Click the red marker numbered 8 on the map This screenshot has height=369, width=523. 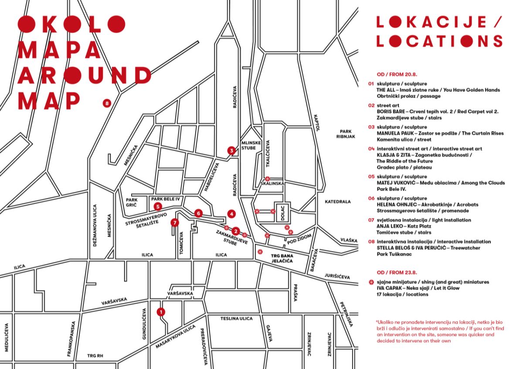tap(107, 103)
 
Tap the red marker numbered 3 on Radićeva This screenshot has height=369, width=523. tap(231, 151)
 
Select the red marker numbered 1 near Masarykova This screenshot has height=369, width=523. tap(161, 312)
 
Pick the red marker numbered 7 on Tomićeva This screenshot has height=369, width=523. tap(175, 223)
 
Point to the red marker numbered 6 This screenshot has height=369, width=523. tap(199, 213)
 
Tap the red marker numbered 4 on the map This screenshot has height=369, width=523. tap(231, 214)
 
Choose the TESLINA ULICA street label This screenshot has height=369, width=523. tap(236, 319)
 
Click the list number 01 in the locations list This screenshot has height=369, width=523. tap(371, 84)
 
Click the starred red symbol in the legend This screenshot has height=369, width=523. tap(371, 282)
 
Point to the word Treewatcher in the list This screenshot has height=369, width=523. tap(465, 248)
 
